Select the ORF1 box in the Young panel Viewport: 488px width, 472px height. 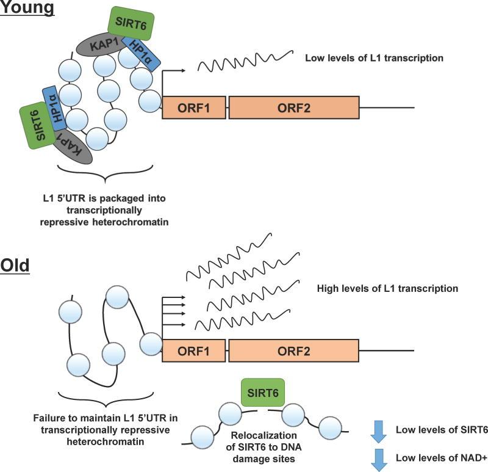(194, 107)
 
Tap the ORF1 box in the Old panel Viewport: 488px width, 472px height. (194, 352)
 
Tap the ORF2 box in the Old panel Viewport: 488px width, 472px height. (294, 352)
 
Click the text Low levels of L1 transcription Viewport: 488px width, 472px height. (373, 58)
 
